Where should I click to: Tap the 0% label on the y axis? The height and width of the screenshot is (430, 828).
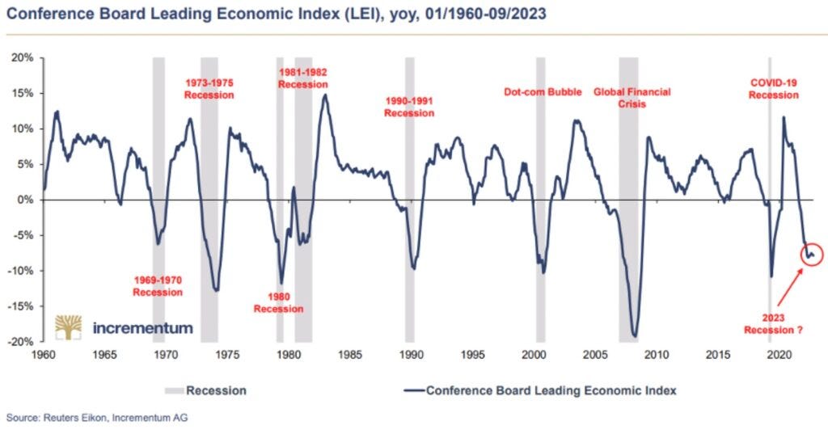[27, 200]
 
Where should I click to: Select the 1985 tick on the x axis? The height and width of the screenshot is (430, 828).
[350, 354]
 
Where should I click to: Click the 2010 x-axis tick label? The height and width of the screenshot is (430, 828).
[657, 354]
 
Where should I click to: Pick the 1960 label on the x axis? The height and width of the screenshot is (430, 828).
[44, 354]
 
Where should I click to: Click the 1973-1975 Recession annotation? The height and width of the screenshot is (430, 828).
[209, 89]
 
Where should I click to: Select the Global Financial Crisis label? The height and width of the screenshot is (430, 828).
[632, 98]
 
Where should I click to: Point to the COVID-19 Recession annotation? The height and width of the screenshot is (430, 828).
[773, 89]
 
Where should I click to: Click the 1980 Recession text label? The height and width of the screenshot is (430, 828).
[278, 302]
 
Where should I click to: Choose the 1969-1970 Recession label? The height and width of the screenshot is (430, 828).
[158, 286]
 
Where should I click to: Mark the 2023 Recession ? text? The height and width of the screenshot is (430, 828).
[774, 322]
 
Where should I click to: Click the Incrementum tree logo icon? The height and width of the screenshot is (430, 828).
[70, 327]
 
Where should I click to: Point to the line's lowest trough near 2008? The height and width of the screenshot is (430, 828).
[635, 337]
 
